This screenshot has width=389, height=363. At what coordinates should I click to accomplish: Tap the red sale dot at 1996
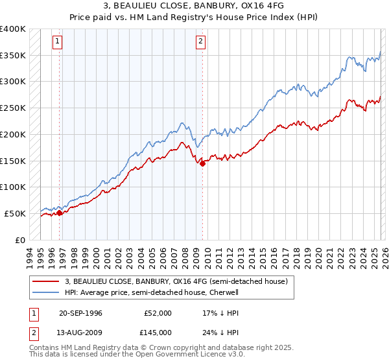click(60, 212)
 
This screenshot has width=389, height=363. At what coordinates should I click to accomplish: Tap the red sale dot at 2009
click(202, 163)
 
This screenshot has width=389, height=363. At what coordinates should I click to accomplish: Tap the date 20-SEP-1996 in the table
click(80, 313)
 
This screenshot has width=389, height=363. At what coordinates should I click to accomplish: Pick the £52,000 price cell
click(158, 313)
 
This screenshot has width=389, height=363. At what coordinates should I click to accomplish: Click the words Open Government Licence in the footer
click(176, 355)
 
